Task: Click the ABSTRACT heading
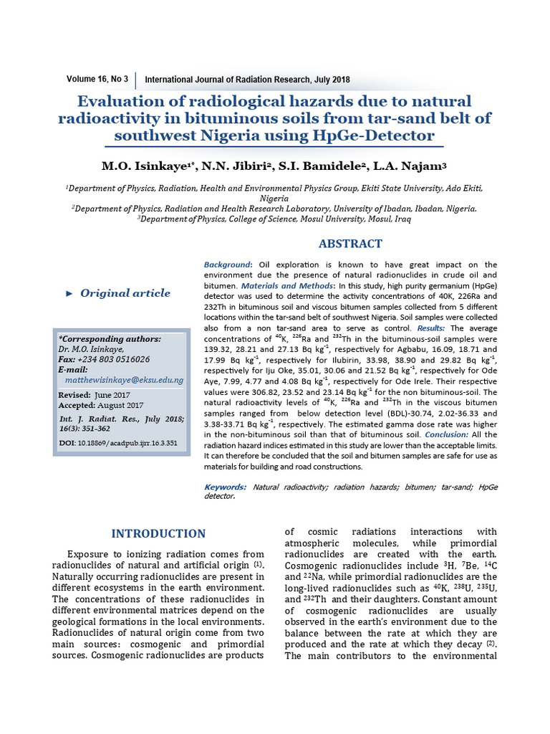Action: click(350, 244)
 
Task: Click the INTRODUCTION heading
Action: click(158, 533)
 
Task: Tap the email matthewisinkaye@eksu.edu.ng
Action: click(124, 379)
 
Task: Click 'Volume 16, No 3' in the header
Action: click(97, 79)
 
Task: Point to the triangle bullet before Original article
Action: click(69, 293)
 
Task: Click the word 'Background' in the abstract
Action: click(227, 265)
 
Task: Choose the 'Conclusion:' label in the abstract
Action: click(448, 435)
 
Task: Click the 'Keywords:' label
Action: click(226, 487)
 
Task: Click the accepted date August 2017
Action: click(122, 406)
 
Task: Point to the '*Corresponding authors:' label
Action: click(110, 339)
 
